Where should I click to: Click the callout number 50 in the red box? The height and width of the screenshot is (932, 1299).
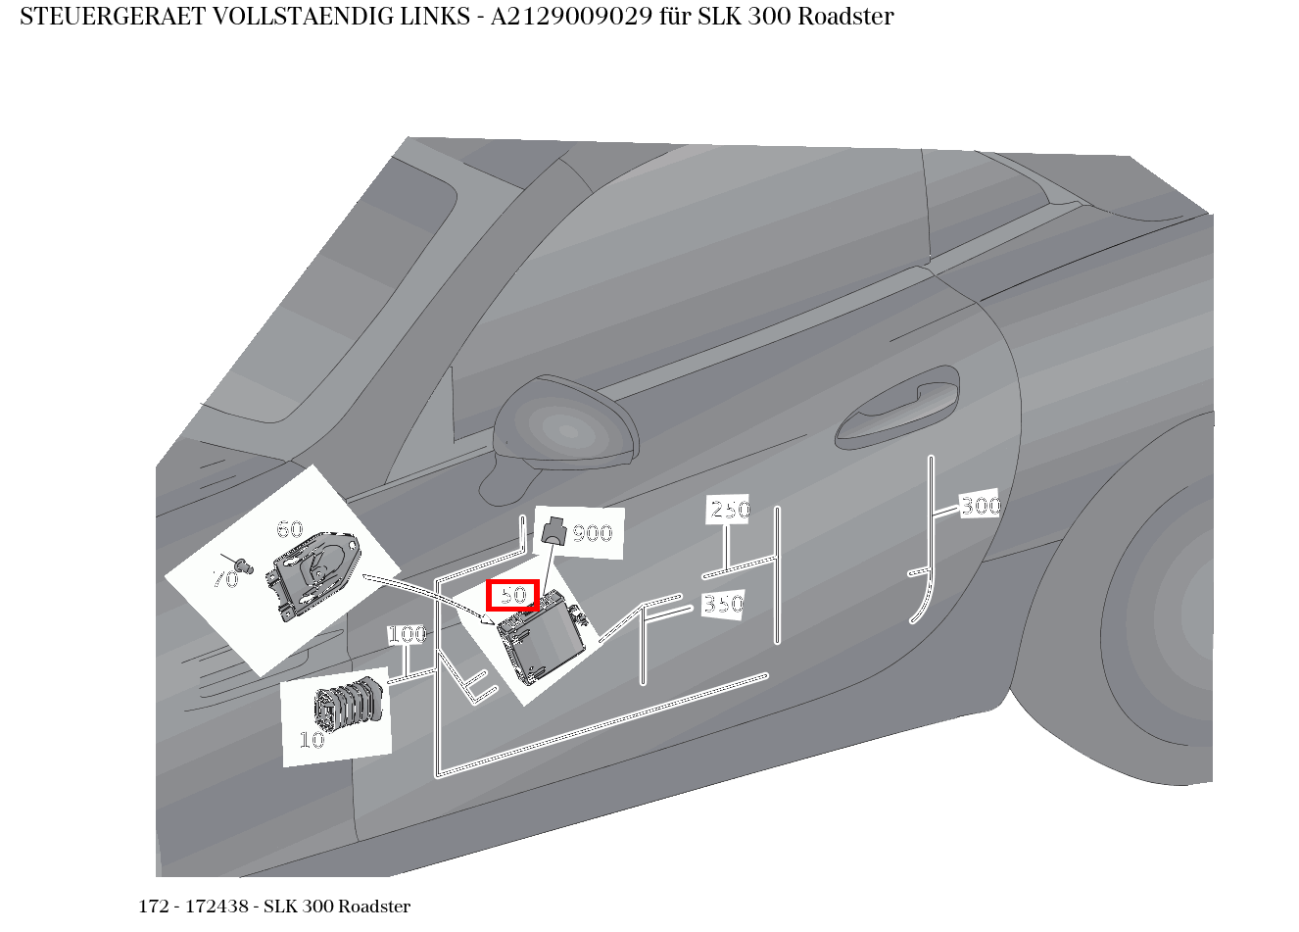tap(513, 595)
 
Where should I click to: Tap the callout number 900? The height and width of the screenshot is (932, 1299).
tap(592, 534)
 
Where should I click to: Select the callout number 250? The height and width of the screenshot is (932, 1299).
tap(729, 510)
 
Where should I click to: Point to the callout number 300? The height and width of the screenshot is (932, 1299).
tap(980, 506)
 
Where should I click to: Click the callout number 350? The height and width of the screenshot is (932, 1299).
tap(723, 605)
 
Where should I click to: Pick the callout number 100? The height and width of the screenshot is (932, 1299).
tap(407, 635)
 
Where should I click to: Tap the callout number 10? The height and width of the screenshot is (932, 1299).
tap(312, 740)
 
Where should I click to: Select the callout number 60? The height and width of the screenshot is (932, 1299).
tap(290, 530)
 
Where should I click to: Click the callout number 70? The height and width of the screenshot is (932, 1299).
tap(225, 579)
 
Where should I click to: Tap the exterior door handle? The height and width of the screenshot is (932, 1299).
tap(896, 410)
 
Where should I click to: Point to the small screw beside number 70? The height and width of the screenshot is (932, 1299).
tap(245, 565)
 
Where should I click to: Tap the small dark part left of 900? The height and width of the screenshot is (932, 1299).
tap(554, 532)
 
